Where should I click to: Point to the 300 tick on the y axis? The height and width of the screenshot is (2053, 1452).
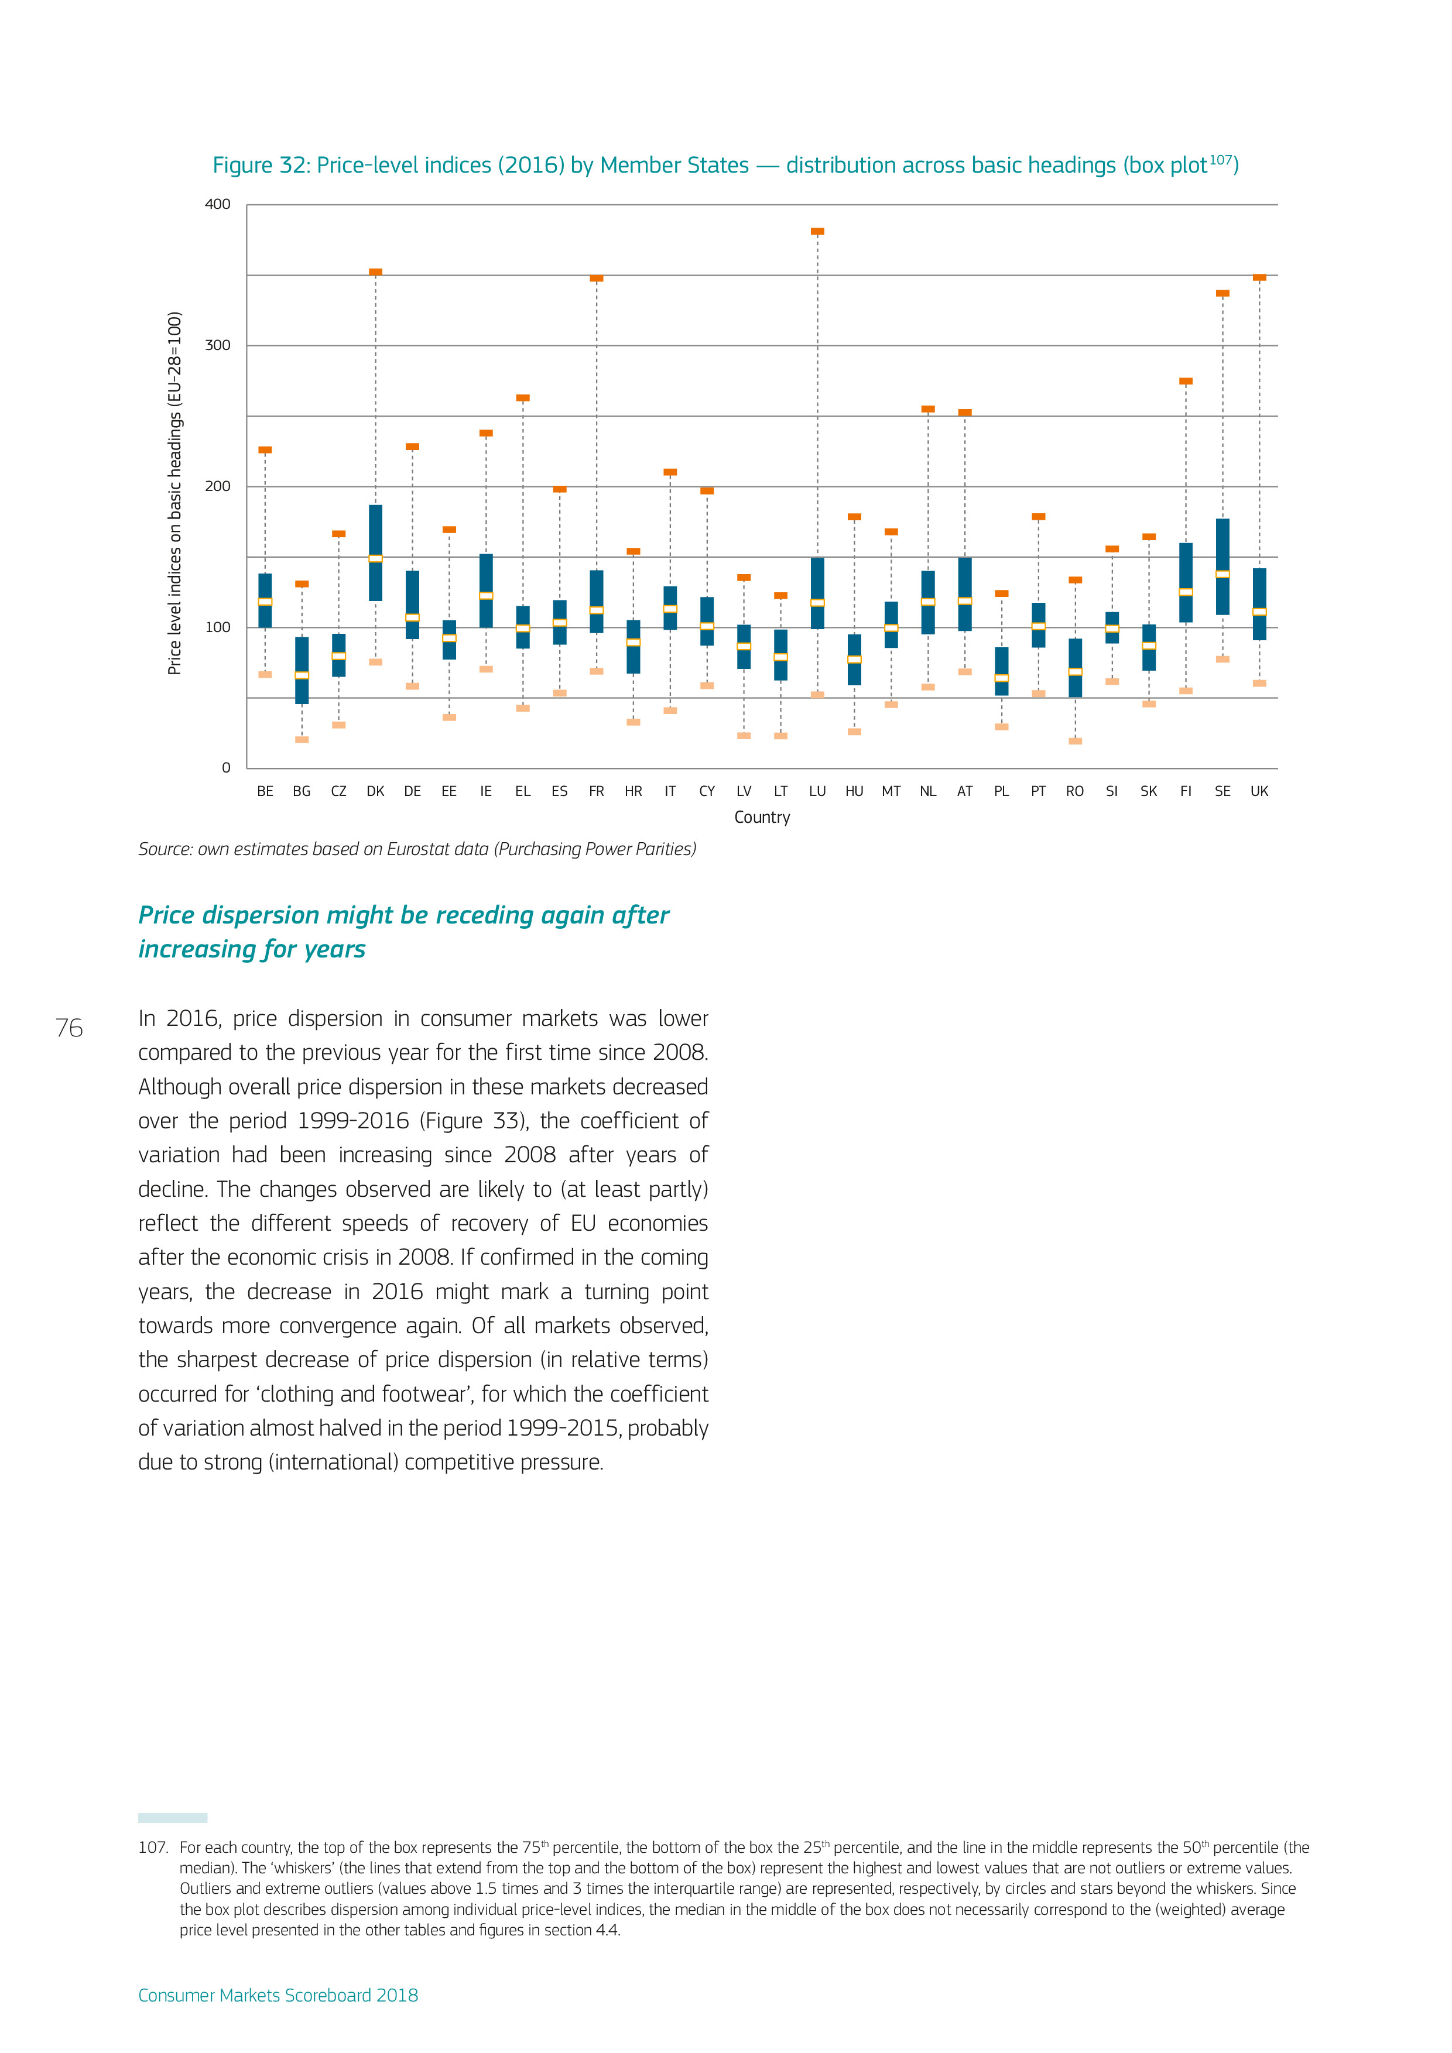tap(217, 345)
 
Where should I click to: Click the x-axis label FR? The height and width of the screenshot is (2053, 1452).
tap(597, 791)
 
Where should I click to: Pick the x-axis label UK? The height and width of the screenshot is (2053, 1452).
tap(1259, 791)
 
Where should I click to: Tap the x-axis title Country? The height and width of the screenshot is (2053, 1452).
tap(762, 817)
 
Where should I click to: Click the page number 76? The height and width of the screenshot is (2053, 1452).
tap(69, 1028)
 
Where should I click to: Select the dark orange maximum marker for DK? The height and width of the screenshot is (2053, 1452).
tap(376, 272)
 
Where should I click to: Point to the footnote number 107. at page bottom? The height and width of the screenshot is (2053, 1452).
tap(153, 1848)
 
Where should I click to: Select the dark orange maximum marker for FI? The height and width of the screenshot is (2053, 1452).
tap(1186, 381)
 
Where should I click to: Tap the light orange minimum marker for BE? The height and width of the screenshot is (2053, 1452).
tap(265, 674)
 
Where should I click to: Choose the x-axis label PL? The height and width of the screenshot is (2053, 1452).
tap(1001, 791)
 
